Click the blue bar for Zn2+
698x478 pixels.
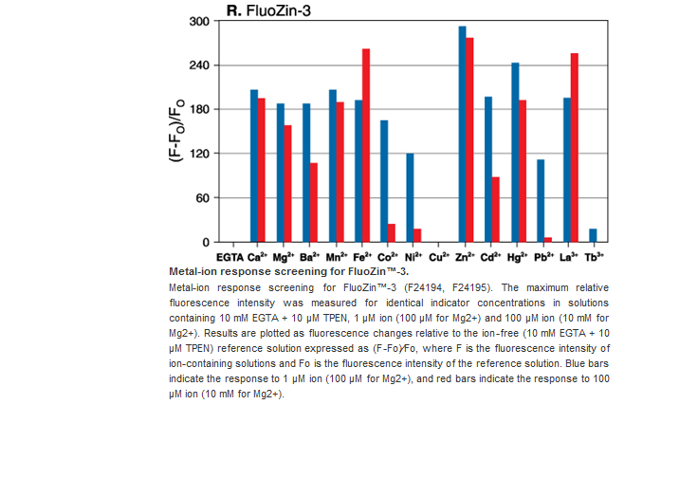(463, 134)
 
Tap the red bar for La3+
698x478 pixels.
(575, 147)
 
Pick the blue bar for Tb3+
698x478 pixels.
(593, 235)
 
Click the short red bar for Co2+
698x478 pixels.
(392, 232)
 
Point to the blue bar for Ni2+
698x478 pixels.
(410, 197)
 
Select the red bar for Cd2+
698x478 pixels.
(496, 209)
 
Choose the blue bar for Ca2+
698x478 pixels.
(254, 166)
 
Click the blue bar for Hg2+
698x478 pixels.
(515, 152)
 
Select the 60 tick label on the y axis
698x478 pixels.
(202, 198)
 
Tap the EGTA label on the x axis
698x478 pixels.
(230, 257)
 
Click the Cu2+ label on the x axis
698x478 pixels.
(439, 257)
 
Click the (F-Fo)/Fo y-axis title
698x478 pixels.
(177, 132)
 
